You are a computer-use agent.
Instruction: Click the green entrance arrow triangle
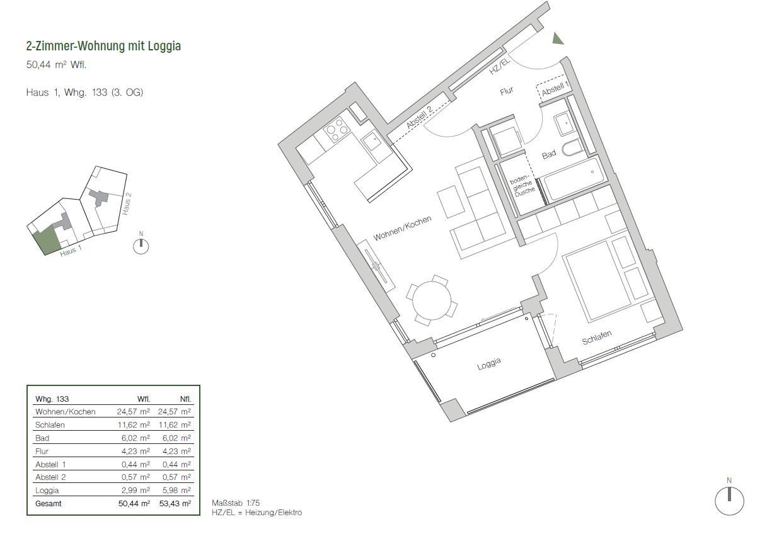click(x=558, y=40)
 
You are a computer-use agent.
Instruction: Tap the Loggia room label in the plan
click(x=489, y=364)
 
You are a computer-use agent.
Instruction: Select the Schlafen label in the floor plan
click(x=597, y=338)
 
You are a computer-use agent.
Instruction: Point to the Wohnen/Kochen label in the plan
click(x=402, y=229)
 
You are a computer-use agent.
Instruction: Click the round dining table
click(x=432, y=300)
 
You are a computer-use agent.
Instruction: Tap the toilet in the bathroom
click(x=574, y=148)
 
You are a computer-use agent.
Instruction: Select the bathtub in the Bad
click(x=574, y=179)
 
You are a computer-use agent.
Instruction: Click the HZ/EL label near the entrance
click(x=499, y=66)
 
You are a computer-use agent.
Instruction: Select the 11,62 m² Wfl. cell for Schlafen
click(x=134, y=424)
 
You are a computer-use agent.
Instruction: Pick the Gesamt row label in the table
click(x=49, y=504)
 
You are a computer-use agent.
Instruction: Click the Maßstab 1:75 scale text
click(x=236, y=503)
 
